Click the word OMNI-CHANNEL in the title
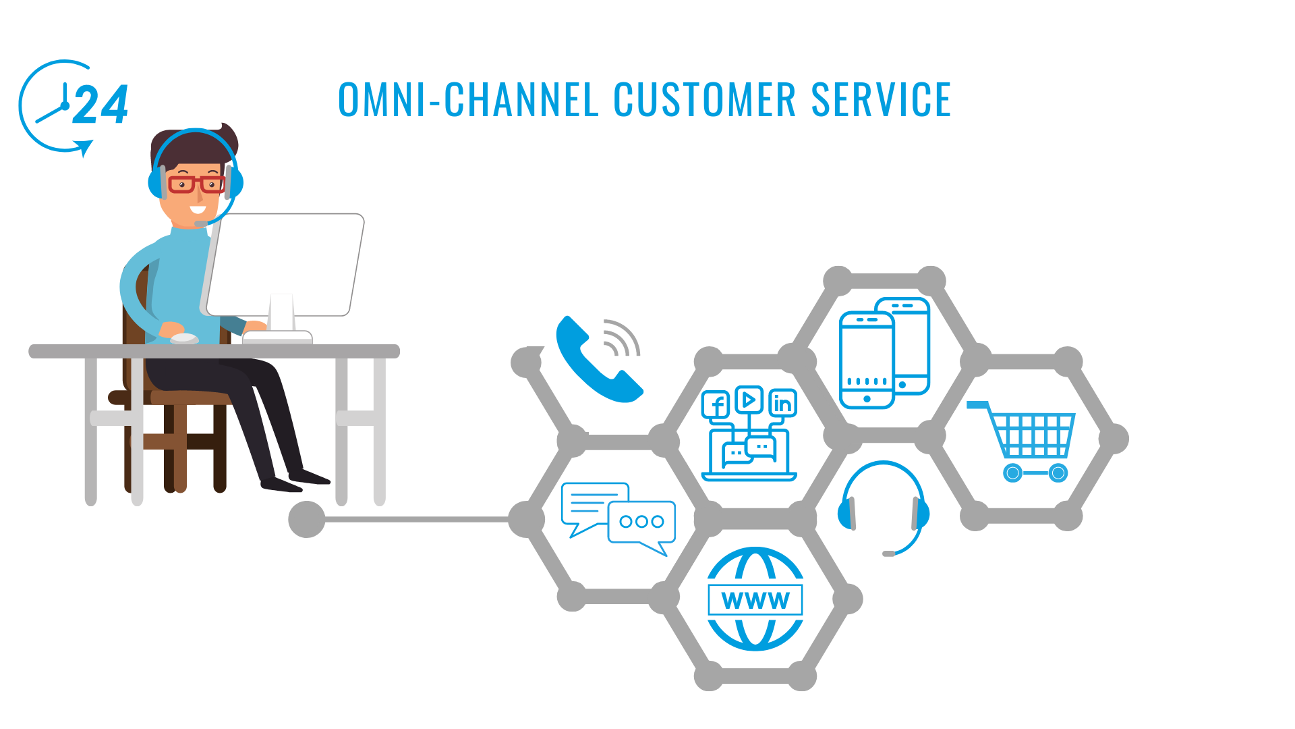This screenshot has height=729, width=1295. (468, 100)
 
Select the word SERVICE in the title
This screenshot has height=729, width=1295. (881, 100)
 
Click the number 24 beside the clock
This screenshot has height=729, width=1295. (100, 105)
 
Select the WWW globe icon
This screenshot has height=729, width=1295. (755, 599)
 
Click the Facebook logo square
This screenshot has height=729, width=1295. (716, 405)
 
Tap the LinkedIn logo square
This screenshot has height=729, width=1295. (782, 403)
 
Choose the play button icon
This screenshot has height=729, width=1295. (749, 400)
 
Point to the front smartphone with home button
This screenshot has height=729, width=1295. (867, 360)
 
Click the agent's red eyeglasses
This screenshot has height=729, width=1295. (196, 184)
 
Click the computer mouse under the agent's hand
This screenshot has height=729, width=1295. (183, 338)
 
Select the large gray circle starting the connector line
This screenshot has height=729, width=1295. (307, 519)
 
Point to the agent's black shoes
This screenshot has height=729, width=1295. (295, 479)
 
